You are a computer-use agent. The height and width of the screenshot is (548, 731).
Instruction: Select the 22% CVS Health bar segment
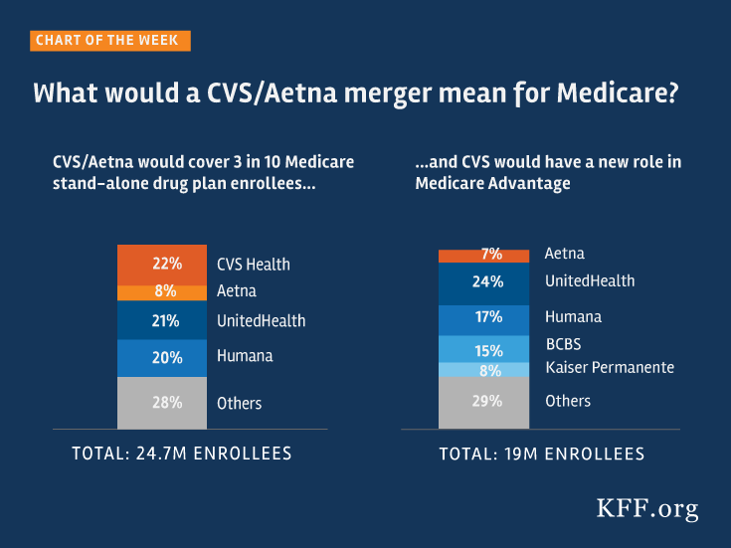(x=166, y=264)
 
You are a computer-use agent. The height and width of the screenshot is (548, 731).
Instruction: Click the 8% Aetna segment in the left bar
(x=166, y=291)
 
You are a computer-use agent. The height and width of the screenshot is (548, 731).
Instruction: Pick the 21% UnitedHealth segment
(x=166, y=320)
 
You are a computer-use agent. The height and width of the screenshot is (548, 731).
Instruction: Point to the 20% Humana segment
(x=166, y=356)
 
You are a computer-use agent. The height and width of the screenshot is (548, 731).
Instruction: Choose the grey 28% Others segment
(x=166, y=403)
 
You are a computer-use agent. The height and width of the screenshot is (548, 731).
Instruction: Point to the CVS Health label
(x=254, y=265)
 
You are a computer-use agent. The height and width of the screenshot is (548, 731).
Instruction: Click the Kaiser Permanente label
(x=610, y=368)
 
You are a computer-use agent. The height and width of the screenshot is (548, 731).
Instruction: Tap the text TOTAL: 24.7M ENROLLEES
(x=181, y=454)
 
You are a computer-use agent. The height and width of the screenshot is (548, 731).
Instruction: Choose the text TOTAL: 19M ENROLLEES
(x=542, y=454)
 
